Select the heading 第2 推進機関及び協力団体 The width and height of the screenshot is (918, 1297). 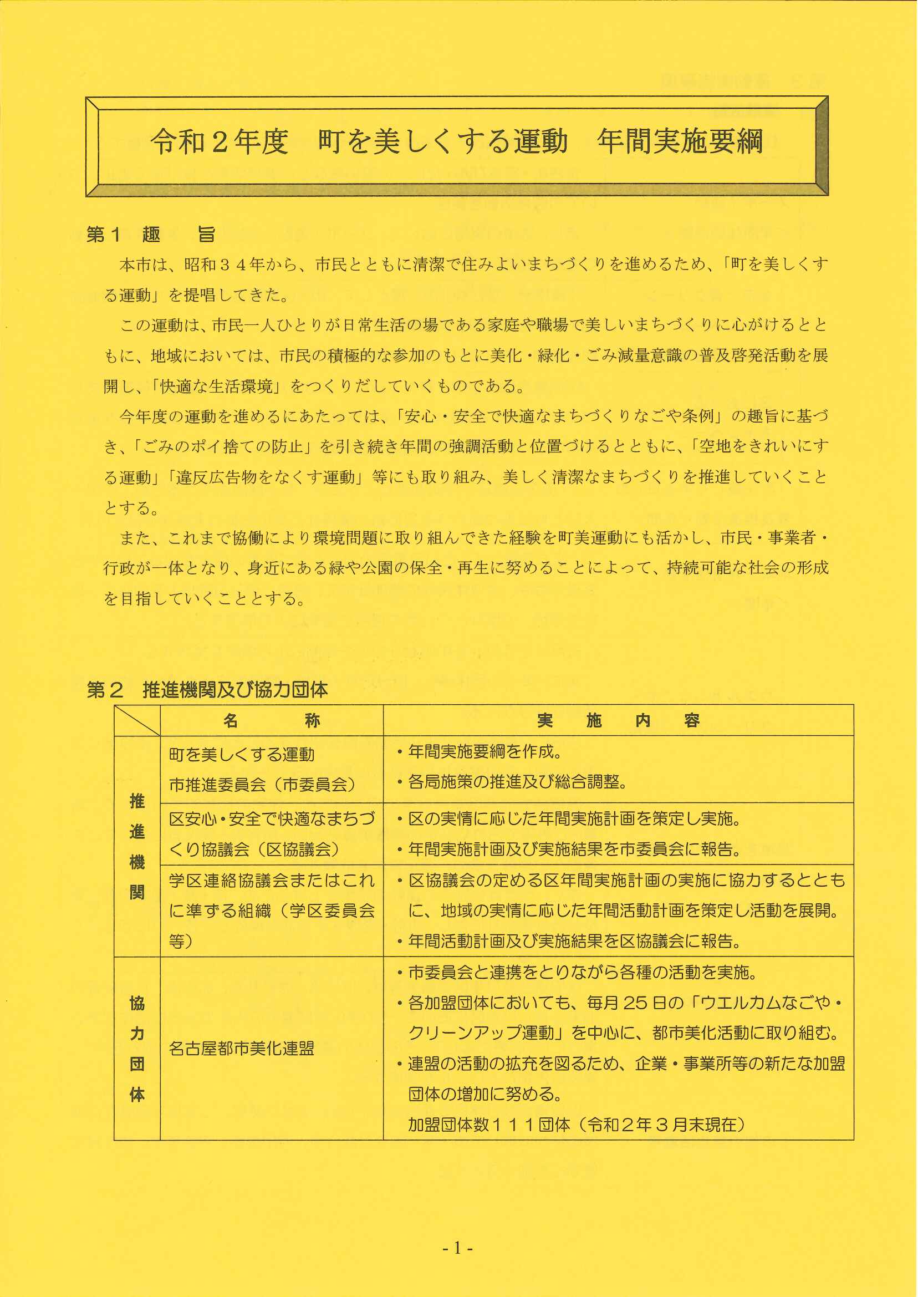(x=207, y=690)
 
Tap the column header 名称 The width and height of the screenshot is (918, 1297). (x=271, y=720)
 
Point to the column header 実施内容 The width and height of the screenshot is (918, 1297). (x=618, y=720)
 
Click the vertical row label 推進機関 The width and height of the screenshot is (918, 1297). (x=137, y=846)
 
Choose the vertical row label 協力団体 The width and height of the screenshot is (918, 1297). (x=137, y=1049)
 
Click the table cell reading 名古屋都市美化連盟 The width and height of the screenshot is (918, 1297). (x=241, y=1049)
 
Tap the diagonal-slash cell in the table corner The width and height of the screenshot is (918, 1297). (x=137, y=720)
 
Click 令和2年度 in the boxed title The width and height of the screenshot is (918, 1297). (x=220, y=141)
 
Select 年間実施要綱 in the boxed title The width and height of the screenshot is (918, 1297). (x=680, y=141)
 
